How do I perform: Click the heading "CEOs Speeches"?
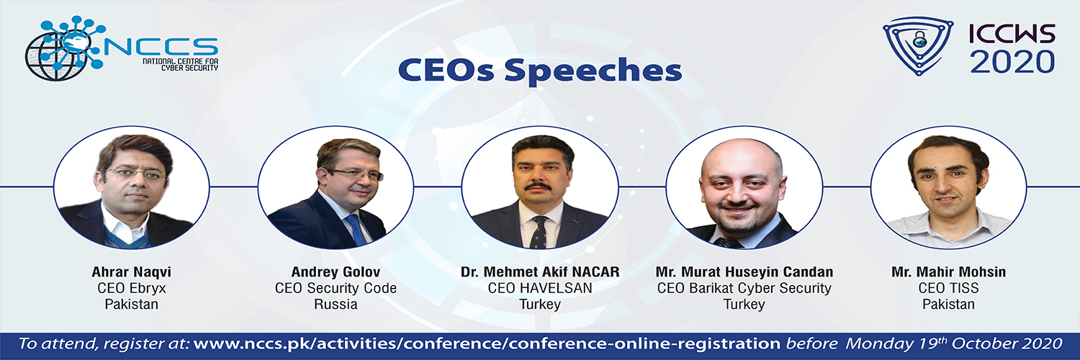(x=539, y=71)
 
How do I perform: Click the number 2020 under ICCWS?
(x=1012, y=61)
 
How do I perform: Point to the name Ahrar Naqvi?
(x=132, y=272)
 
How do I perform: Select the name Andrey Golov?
(x=336, y=272)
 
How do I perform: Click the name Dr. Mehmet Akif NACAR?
(x=540, y=272)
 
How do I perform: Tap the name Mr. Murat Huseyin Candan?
(x=744, y=272)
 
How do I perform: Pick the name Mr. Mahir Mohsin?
(x=948, y=272)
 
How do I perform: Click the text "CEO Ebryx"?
(x=132, y=288)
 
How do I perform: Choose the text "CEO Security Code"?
(x=336, y=288)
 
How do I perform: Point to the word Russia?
(x=336, y=304)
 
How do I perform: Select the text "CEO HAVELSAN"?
(x=540, y=288)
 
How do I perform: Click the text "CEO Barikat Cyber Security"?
(x=744, y=288)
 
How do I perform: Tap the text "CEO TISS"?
(x=948, y=288)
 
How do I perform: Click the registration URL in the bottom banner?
(x=487, y=344)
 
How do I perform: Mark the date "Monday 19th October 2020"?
(x=954, y=343)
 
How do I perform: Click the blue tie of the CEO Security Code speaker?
(x=357, y=230)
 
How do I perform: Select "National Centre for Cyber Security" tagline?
(x=180, y=64)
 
